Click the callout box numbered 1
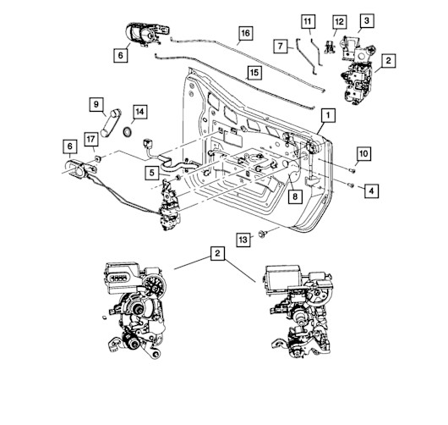click(x=328, y=115)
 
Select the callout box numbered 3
click(x=367, y=20)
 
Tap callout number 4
click(x=371, y=190)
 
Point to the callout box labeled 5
click(x=152, y=173)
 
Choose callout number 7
click(x=281, y=46)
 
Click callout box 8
click(x=295, y=196)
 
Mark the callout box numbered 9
click(x=96, y=104)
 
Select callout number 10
click(x=363, y=154)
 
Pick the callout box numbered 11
click(x=308, y=21)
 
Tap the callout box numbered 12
click(x=340, y=22)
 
